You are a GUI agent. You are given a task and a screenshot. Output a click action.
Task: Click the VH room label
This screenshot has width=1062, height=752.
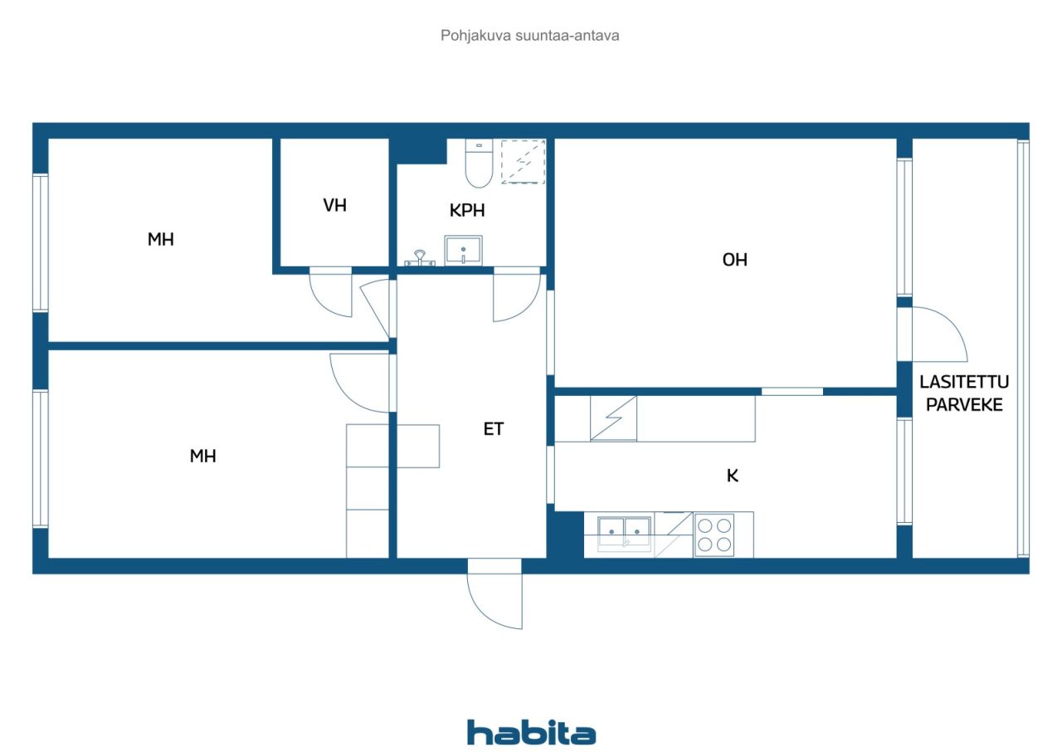pos(334,205)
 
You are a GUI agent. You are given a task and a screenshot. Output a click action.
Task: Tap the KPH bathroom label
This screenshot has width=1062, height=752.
pos(467,211)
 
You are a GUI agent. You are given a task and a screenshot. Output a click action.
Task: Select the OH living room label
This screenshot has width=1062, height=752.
pos(735,260)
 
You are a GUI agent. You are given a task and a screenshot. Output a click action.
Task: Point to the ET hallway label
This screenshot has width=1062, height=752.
pos(493,429)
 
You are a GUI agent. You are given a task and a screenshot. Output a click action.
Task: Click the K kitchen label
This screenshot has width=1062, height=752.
pos(733,476)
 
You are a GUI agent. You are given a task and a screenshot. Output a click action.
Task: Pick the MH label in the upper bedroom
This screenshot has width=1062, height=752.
pos(161,239)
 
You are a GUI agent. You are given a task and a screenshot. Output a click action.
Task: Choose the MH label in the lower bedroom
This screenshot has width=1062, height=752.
pos(203,457)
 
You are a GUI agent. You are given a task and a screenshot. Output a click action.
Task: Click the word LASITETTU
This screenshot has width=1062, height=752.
pos(964,382)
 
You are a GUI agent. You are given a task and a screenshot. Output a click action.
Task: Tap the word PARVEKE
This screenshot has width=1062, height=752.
pos(964,405)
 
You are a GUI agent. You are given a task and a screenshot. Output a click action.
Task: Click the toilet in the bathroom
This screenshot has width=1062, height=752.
pos(479,164)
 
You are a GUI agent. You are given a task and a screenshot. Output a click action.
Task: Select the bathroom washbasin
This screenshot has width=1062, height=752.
pos(463,251)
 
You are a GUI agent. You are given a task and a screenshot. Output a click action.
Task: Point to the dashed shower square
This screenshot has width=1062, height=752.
pos(523,162)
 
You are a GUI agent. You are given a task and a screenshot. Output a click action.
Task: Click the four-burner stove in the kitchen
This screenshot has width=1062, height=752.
pos(714,535)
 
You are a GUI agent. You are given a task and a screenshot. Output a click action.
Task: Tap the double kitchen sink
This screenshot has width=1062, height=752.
pos(624,534)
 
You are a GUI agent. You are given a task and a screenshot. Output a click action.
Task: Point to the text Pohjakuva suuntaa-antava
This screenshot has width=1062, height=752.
pos(529,36)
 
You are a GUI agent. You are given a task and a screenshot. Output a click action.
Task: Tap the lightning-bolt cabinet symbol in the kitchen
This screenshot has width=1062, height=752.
pos(613,418)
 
